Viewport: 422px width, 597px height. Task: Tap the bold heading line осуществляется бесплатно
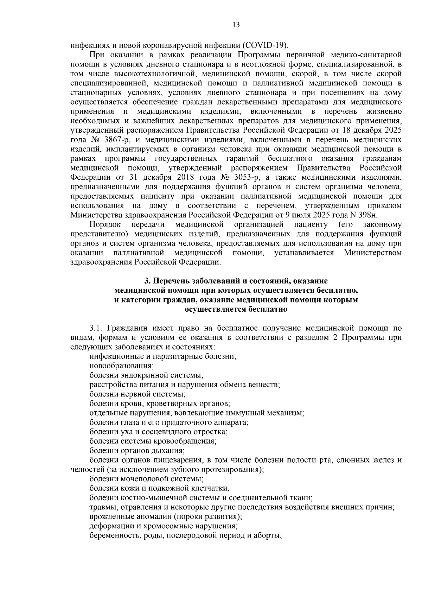point(236,310)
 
